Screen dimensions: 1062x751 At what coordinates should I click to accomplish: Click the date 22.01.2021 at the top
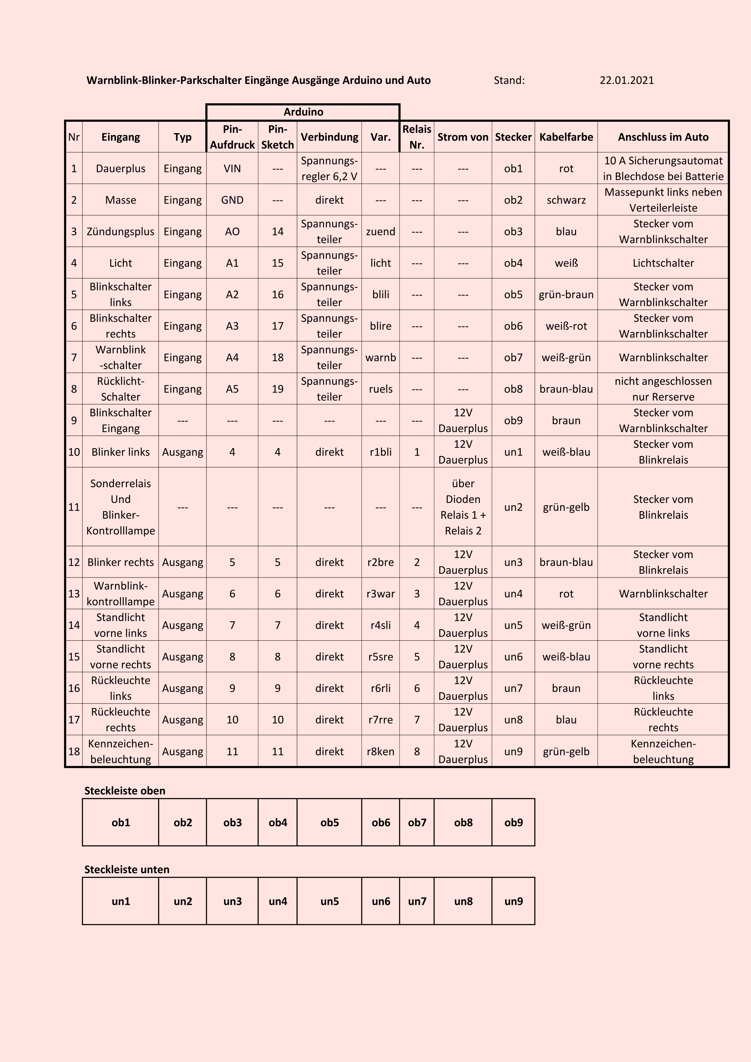tap(627, 81)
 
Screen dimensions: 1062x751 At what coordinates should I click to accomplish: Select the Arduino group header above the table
tap(303, 112)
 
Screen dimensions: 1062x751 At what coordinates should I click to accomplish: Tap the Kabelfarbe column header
tap(566, 137)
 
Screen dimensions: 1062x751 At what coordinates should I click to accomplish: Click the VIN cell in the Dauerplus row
tap(232, 168)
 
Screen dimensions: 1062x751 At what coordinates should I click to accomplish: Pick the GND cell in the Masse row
tap(232, 200)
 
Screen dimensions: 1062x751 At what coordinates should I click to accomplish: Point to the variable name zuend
tap(381, 231)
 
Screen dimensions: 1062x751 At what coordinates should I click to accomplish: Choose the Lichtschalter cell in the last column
tap(663, 263)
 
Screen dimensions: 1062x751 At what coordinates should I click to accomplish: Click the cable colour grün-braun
tap(566, 294)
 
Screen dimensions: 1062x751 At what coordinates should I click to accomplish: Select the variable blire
tap(381, 326)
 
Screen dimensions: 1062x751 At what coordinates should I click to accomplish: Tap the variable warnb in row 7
tap(381, 357)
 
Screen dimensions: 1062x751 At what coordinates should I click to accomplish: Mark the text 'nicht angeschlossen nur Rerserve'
tap(663, 389)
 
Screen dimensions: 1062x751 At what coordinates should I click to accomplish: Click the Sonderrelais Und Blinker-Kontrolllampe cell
tap(121, 507)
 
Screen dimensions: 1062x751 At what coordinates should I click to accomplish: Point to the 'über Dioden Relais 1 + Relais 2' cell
tap(463, 507)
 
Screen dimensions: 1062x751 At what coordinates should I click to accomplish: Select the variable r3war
tap(381, 594)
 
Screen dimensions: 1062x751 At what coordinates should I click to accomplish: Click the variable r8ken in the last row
tap(381, 751)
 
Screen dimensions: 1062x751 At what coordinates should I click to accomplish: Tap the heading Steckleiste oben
tap(125, 790)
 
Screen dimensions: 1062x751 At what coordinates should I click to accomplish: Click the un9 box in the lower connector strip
tap(513, 901)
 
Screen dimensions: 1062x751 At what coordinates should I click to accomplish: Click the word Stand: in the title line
tap(509, 81)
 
